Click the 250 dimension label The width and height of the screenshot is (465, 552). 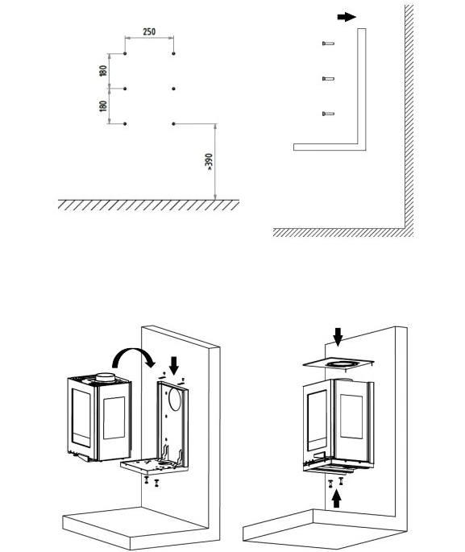pos(149,31)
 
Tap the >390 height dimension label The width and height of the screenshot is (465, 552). pos(209,161)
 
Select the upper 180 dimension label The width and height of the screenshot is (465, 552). pos(103,71)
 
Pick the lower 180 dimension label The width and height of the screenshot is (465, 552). pos(103,106)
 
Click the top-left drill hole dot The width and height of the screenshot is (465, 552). pos(125,53)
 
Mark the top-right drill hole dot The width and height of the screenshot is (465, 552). pos(173,53)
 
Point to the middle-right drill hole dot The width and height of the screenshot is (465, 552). pos(173,89)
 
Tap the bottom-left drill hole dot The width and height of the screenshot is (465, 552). pos(125,123)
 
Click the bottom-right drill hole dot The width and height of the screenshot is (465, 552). pos(173,123)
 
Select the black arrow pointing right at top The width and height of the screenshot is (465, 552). pos(347,17)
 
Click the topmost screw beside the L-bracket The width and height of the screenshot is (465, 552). pos(328,44)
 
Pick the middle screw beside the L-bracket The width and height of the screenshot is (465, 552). pos(328,78)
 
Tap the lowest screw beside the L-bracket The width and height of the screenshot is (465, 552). pos(328,114)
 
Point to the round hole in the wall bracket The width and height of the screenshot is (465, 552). pos(175,399)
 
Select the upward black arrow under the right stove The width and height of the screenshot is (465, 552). pos(337,499)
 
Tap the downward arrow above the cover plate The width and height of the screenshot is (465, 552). pos(338,337)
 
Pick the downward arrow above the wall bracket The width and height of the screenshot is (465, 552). pos(174,366)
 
